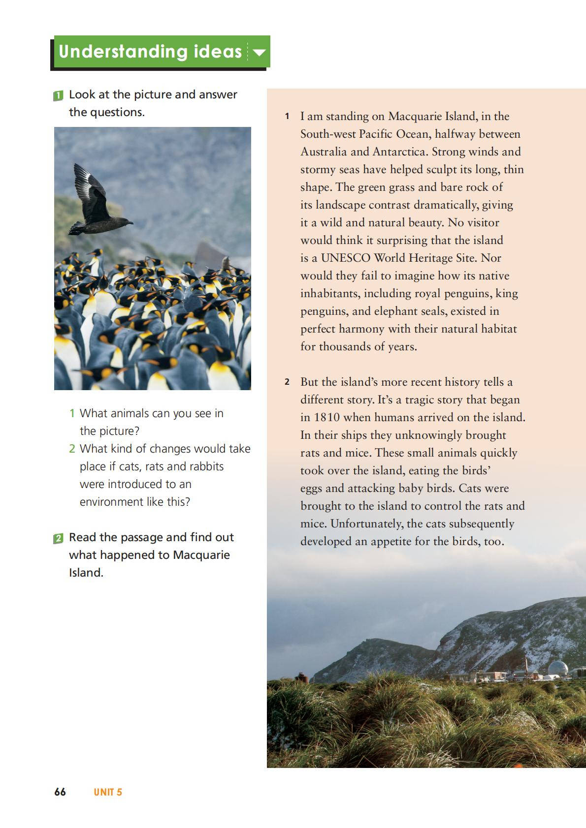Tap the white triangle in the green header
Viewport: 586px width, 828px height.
coord(259,52)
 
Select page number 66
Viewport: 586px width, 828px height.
coord(60,792)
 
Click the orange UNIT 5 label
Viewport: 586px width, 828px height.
coord(108,792)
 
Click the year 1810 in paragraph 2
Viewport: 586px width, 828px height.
coord(327,417)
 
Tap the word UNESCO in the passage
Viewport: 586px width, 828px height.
coord(345,258)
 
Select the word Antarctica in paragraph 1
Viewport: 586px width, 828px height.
coord(397,152)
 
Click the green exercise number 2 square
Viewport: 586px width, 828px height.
coord(58,538)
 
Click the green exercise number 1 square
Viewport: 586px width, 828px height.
coord(58,95)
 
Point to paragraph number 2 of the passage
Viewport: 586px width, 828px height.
coord(287,382)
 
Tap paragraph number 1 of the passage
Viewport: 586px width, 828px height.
coord(287,117)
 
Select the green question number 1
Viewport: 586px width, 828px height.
coord(72,413)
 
